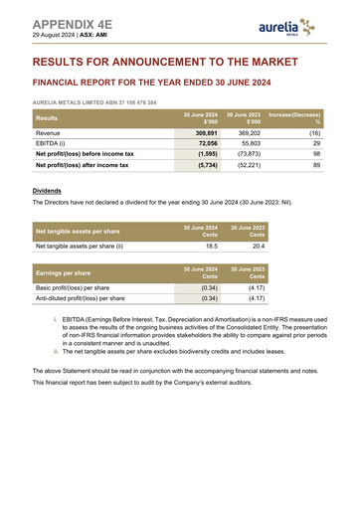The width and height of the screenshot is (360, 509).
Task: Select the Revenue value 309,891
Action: click(206, 132)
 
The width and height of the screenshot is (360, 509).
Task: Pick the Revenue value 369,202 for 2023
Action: click(249, 132)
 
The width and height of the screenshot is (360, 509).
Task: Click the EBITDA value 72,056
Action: click(207, 143)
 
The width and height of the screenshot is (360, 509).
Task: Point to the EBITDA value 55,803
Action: click(250, 143)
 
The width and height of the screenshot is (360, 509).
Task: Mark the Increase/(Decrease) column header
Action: click(294, 118)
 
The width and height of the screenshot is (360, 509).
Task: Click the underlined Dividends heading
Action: click(47, 190)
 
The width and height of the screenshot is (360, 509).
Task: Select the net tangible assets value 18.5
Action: click(211, 245)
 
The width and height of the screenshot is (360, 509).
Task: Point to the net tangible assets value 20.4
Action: click(259, 245)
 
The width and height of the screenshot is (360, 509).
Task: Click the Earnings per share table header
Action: click(63, 271)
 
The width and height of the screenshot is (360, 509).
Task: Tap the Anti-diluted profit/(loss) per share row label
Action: click(81, 297)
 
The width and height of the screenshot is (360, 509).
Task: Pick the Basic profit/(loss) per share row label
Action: click(73, 286)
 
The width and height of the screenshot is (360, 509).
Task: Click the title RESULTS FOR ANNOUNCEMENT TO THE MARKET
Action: click(165, 62)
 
